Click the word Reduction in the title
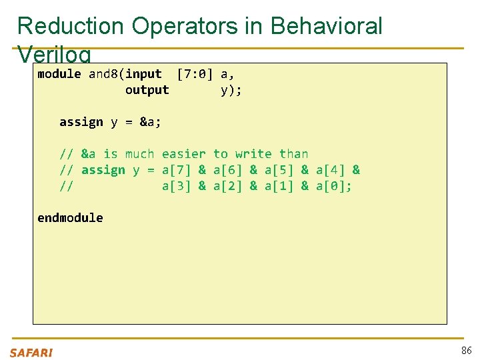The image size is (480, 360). pyautogui.click(x=71, y=26)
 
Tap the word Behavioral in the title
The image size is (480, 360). pyautogui.click(x=327, y=26)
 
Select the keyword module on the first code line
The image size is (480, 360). pyautogui.click(x=59, y=74)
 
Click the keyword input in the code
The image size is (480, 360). pyautogui.click(x=143, y=74)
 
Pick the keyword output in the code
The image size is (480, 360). pyautogui.click(x=147, y=90)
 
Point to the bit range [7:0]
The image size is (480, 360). pyautogui.click(x=195, y=74)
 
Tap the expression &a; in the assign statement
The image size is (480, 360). pyautogui.click(x=151, y=122)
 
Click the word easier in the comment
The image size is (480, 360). pyautogui.click(x=184, y=154)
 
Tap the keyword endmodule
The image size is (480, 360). pyautogui.click(x=70, y=218)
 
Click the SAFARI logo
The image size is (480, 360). pyautogui.click(x=31, y=353)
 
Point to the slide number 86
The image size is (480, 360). pyautogui.click(x=466, y=351)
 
